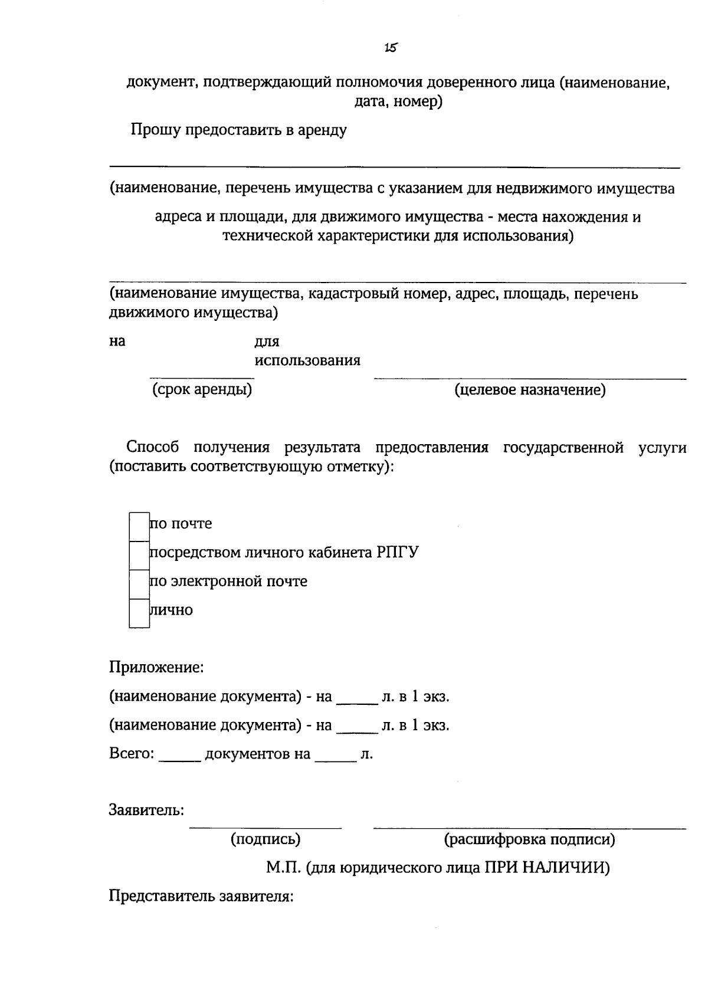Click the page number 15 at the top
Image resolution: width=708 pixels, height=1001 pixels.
pos(389,48)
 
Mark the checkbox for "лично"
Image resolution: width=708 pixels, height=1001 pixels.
pos(139,612)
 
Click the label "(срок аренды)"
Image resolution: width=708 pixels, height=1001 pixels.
pos(202,390)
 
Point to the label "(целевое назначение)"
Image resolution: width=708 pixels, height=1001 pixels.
pos(529,390)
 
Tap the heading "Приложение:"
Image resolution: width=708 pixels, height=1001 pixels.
pos(156,668)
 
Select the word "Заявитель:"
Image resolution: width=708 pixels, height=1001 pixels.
pos(146,810)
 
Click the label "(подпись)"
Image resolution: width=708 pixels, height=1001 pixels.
pos(265,839)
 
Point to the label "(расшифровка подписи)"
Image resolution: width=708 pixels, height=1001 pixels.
pos(529,839)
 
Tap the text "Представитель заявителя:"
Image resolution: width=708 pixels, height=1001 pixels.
pos(201,897)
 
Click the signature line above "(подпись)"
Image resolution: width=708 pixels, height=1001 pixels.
pos(265,828)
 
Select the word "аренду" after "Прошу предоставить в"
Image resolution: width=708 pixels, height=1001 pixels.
pos(323,130)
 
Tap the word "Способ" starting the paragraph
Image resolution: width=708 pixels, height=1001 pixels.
pos(153,447)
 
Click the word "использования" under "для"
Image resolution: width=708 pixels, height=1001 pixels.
pos(307,360)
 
